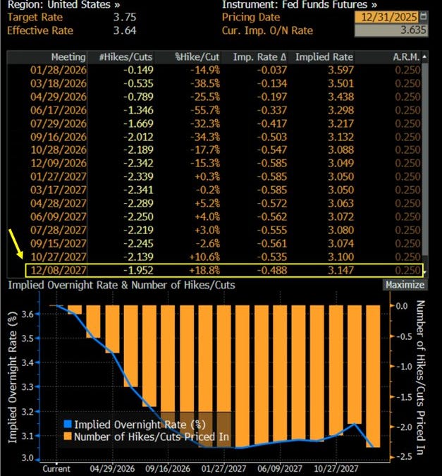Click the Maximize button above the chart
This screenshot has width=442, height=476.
click(x=405, y=285)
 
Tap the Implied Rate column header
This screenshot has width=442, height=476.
click(x=324, y=56)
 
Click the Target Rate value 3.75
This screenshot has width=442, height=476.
click(x=125, y=16)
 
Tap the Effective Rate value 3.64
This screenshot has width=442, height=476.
click(x=125, y=30)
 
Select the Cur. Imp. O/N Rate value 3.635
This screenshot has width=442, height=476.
click(x=405, y=30)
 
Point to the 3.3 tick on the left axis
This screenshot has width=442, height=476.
click(x=28, y=386)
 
